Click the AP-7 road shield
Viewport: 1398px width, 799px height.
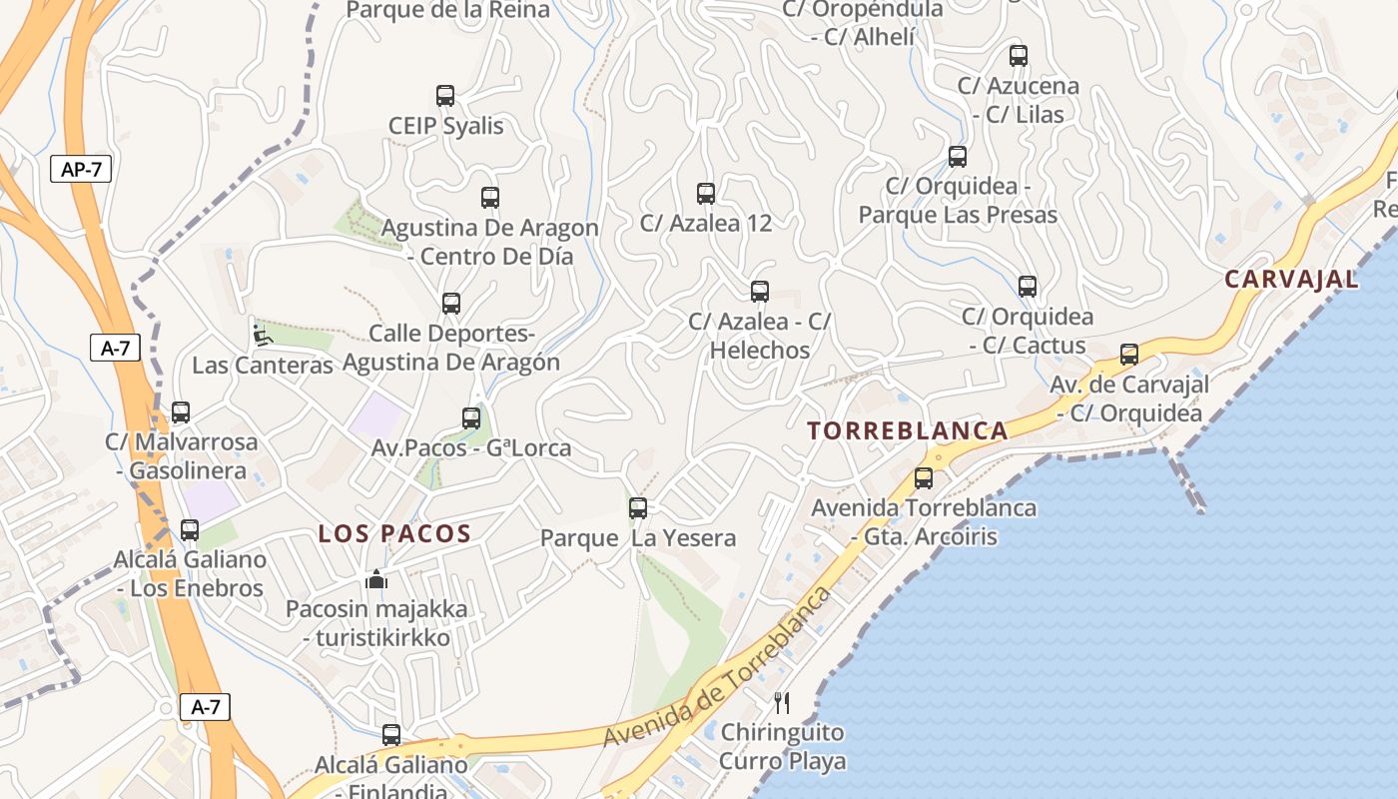(81, 169)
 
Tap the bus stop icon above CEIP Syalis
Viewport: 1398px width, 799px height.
(445, 96)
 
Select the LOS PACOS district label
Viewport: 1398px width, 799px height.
(394, 533)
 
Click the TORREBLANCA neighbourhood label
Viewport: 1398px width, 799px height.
(908, 430)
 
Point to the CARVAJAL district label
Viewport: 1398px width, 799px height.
(1291, 279)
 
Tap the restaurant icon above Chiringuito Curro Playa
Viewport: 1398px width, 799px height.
(782, 703)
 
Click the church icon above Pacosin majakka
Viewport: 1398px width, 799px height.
(376, 579)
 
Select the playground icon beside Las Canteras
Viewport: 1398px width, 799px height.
(262, 336)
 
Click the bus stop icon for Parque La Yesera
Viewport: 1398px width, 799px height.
(638, 508)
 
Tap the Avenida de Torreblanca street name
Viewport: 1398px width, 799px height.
(716, 667)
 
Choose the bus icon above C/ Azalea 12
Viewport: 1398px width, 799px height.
(706, 194)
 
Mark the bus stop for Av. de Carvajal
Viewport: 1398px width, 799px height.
(1129, 355)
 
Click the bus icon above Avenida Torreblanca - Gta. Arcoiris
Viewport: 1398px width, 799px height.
(924, 478)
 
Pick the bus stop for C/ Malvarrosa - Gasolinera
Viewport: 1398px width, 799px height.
(181, 412)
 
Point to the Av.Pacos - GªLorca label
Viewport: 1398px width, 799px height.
(471, 447)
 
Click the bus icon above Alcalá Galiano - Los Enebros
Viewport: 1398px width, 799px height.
(190, 530)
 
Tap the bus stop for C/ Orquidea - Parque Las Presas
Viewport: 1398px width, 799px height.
(958, 157)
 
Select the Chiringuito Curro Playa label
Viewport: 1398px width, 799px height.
(783, 746)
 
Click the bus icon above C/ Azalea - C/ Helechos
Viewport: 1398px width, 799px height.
(760, 292)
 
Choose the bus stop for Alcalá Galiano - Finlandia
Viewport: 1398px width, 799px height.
(391, 735)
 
